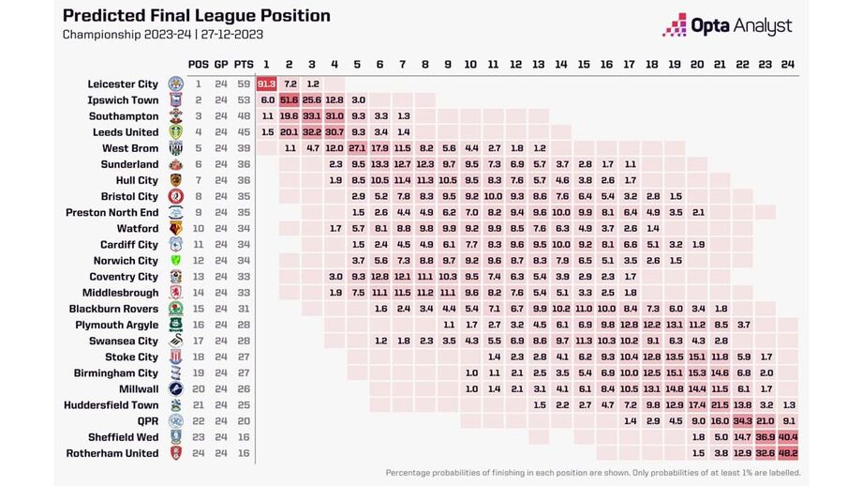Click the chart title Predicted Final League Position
click(196, 16)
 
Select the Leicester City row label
click(123, 84)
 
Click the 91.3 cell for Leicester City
click(266, 84)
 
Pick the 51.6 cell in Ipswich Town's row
click(289, 99)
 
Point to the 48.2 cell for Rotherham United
click(788, 453)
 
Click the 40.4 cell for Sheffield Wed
click(788, 437)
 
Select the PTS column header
click(244, 64)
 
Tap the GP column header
click(221, 64)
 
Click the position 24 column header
click(788, 64)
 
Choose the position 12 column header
click(515, 64)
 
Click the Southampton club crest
click(175, 116)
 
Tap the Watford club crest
click(175, 228)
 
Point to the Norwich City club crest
click(175, 261)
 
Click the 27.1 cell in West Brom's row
click(357, 148)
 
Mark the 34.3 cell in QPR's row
click(743, 421)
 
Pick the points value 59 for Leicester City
click(244, 84)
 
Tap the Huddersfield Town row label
click(111, 405)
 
